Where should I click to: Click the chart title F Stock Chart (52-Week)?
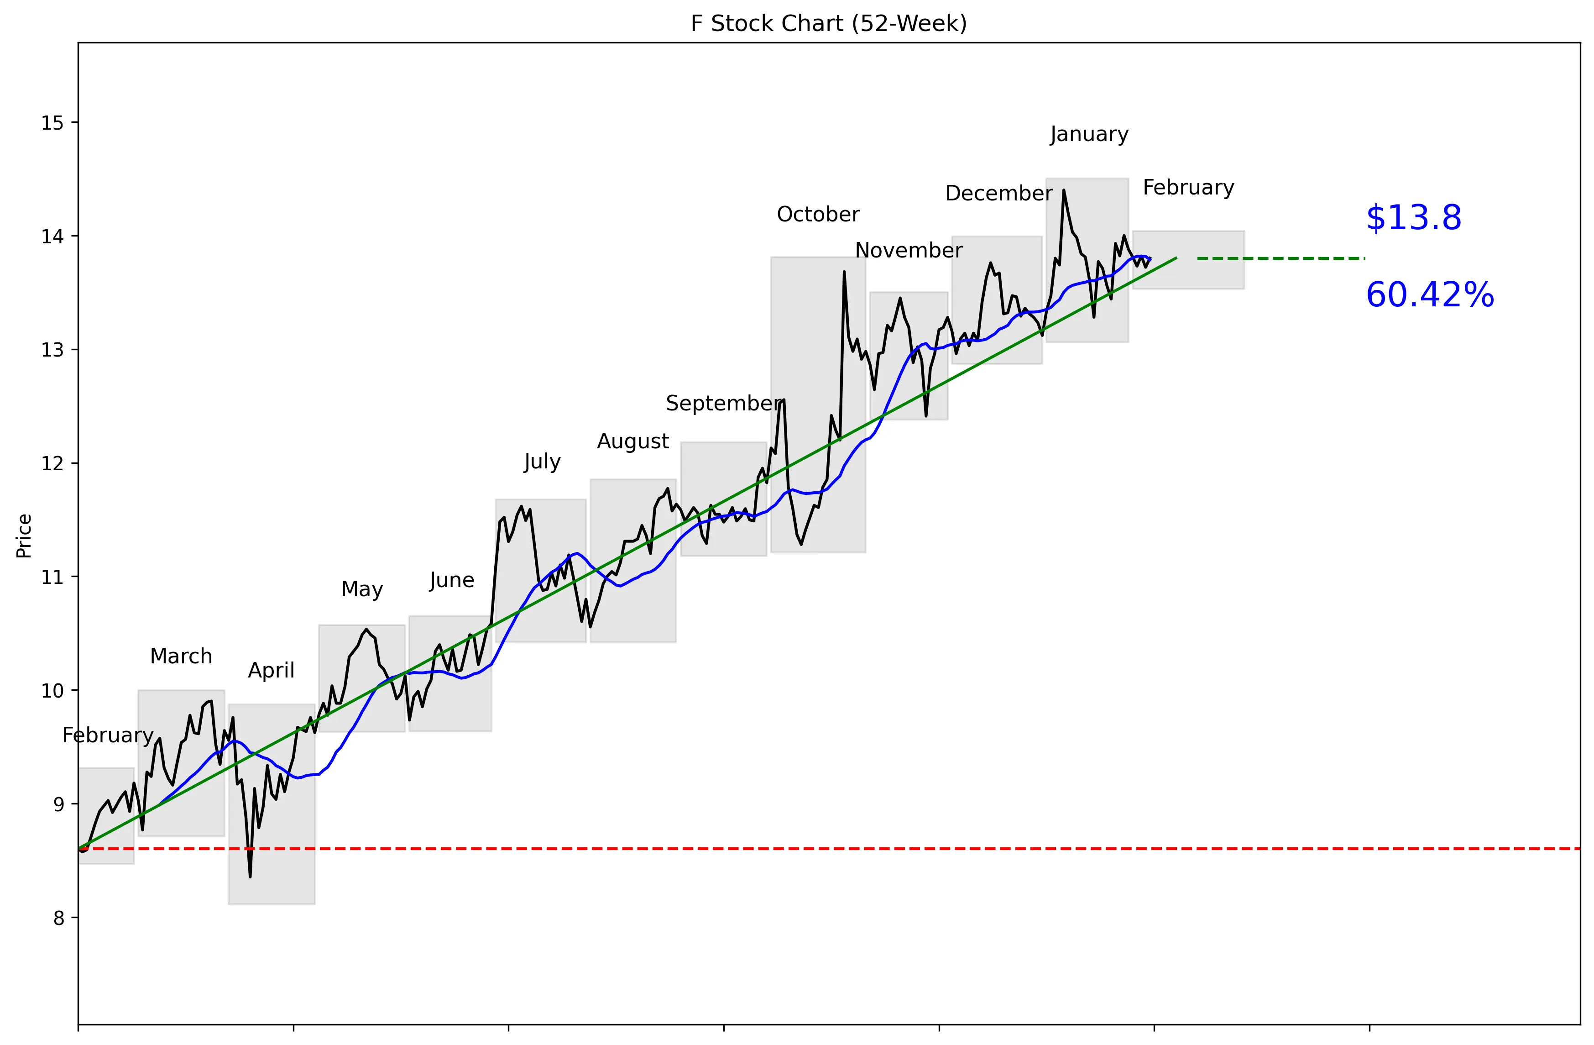[x=828, y=23]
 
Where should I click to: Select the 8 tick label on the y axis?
[x=59, y=918]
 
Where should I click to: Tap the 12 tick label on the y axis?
[x=52, y=463]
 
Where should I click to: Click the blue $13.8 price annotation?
[x=1413, y=218]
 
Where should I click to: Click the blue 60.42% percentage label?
[x=1429, y=295]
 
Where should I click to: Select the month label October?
[x=818, y=215]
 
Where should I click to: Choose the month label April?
[x=271, y=671]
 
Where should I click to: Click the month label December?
[x=998, y=194]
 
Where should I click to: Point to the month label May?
[x=362, y=589]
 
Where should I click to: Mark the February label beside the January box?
[x=1188, y=188]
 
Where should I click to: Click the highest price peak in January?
[x=1064, y=191]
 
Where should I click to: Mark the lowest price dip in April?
[x=250, y=876]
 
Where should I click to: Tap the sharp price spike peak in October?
[x=844, y=272]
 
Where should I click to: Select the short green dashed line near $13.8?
[x=1280, y=258]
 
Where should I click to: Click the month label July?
[x=542, y=462]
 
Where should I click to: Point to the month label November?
[x=909, y=251]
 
